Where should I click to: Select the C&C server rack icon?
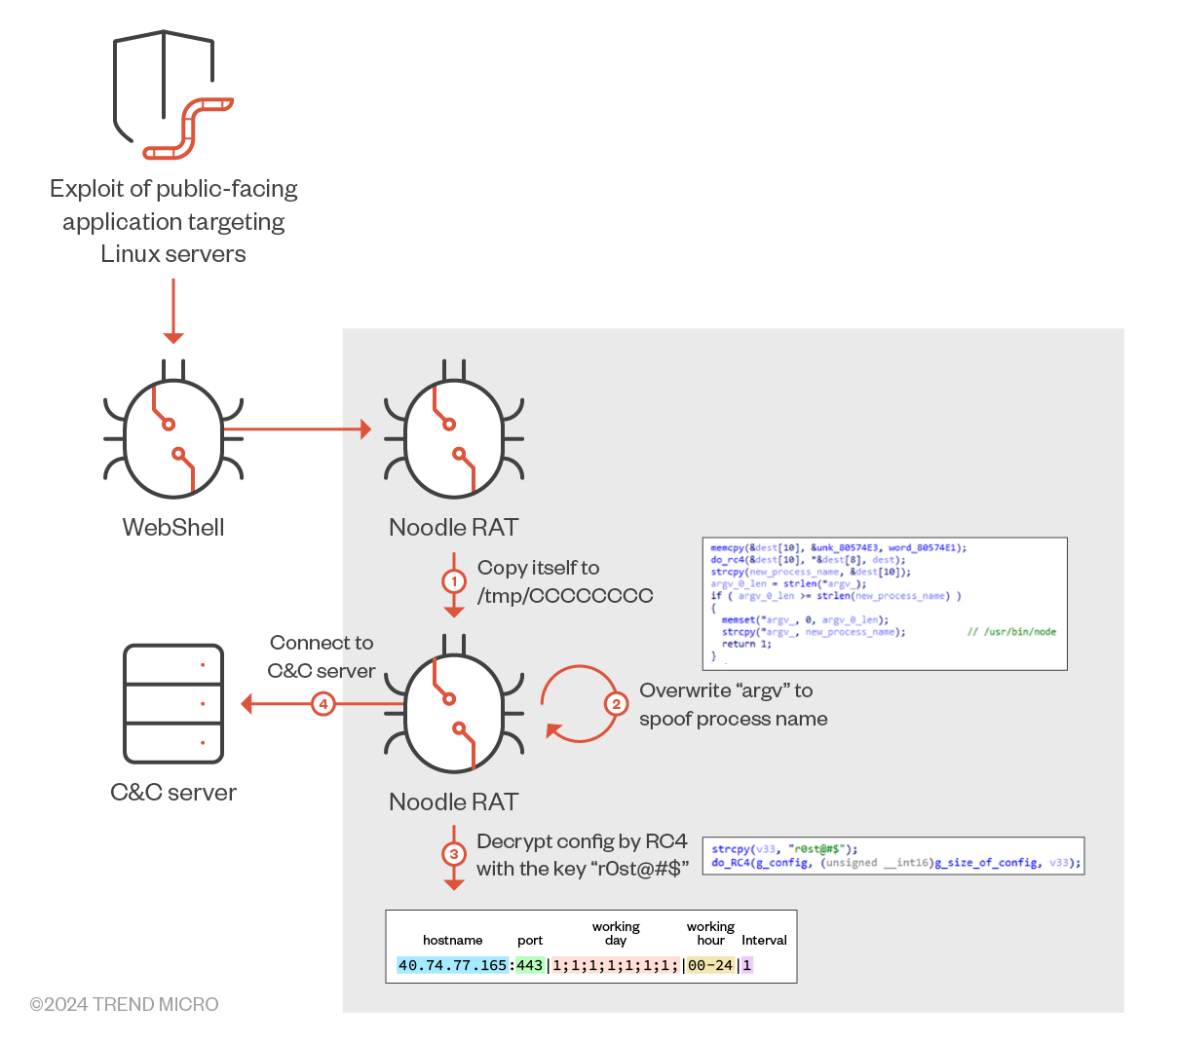[x=173, y=703]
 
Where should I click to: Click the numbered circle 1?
[x=453, y=581]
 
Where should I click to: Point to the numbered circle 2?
[x=615, y=703]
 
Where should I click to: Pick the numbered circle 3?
[x=453, y=854]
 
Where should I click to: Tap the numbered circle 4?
[x=323, y=703]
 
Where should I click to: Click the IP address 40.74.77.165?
[x=452, y=965]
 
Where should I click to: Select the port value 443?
[x=529, y=965]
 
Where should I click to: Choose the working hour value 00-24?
[x=709, y=965]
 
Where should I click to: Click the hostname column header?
[x=452, y=940]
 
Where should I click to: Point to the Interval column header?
[x=764, y=940]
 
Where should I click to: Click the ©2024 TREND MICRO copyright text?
[x=124, y=1004]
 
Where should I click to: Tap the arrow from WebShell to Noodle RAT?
[x=297, y=428]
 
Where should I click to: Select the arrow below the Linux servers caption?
[x=173, y=311]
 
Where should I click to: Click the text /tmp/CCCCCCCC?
[x=565, y=595]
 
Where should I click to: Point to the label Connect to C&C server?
[x=322, y=656]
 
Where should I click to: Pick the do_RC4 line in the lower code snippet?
[x=894, y=862]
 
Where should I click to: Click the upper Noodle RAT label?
[x=453, y=527]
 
